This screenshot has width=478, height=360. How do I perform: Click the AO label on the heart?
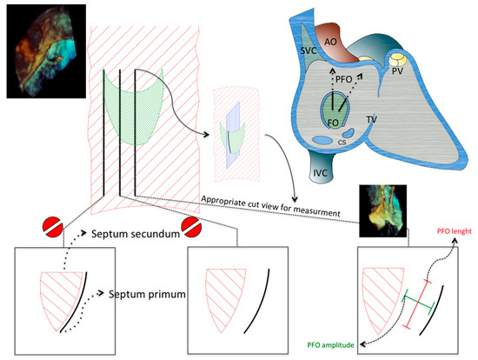tap(330, 41)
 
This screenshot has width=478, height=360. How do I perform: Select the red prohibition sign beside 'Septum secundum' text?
tap(185, 230)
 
